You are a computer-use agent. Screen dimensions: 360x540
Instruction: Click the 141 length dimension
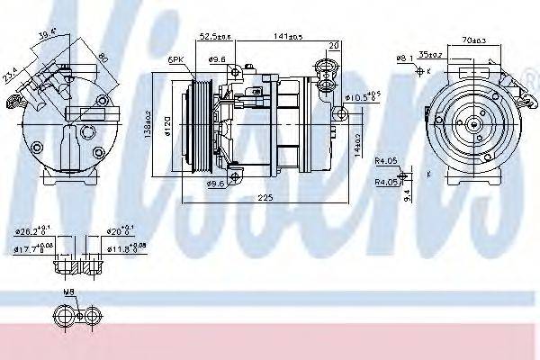(x=289, y=38)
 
